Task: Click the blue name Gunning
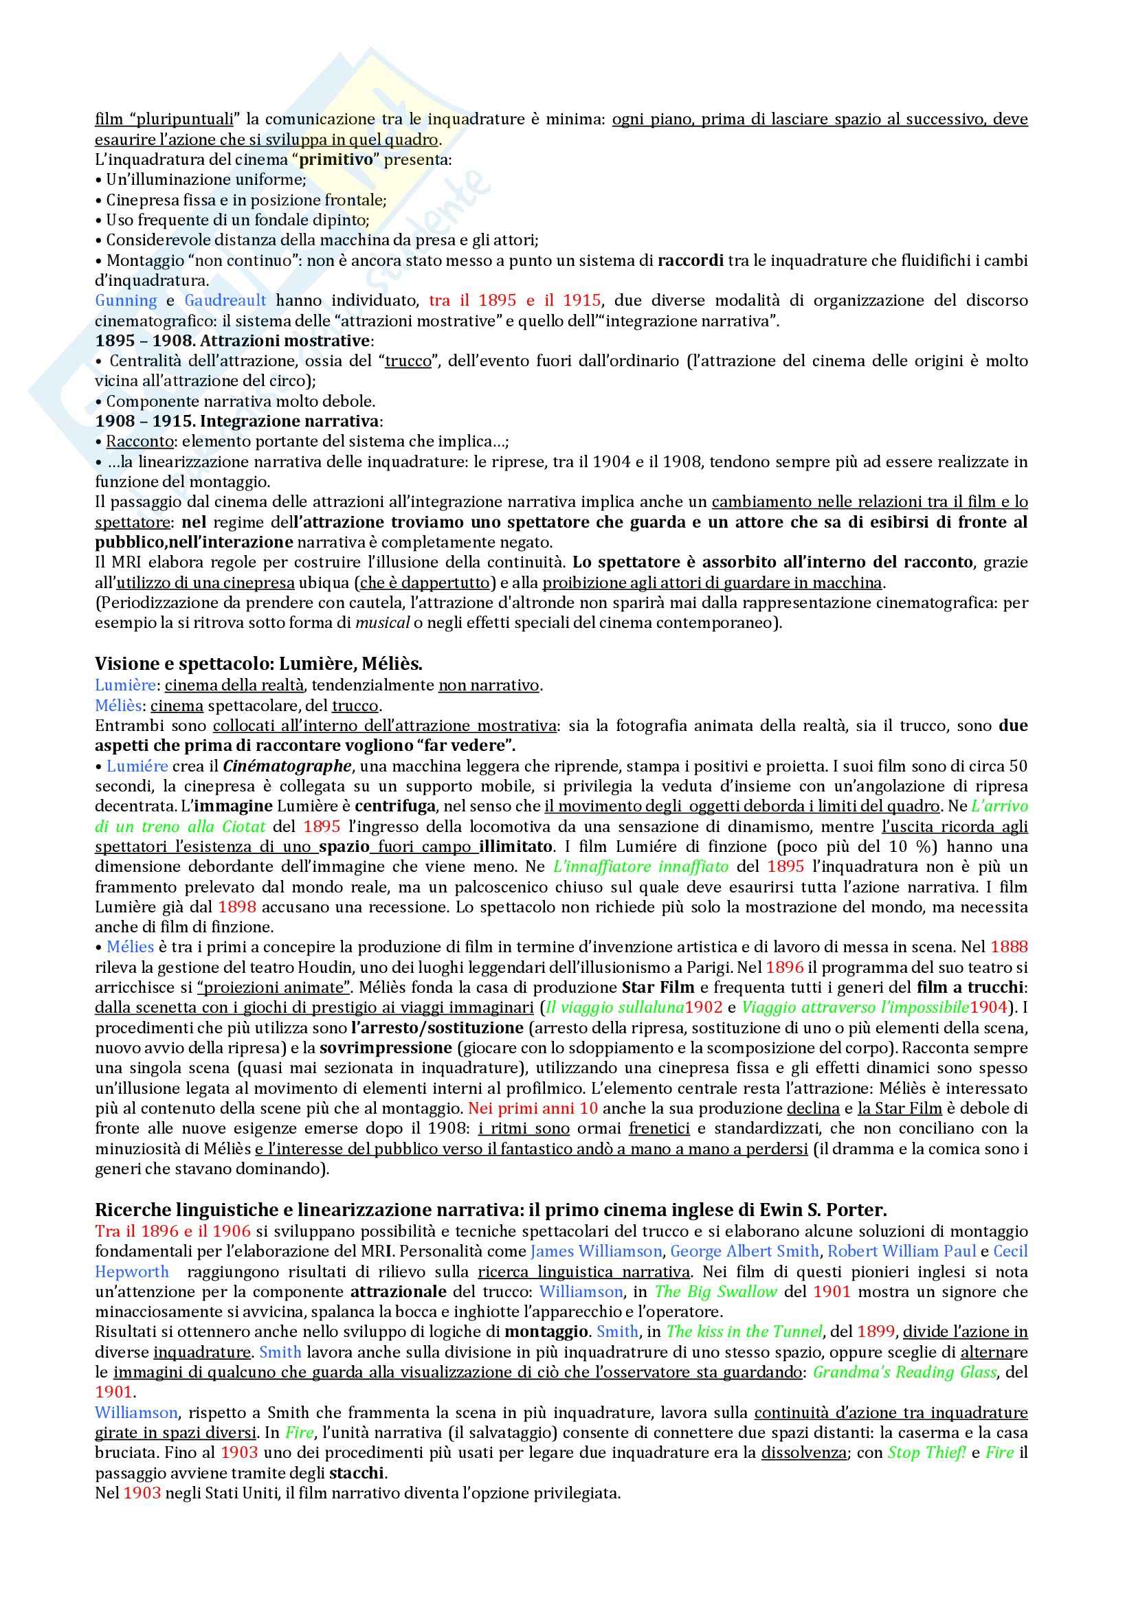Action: (x=126, y=301)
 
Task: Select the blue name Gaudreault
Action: (x=225, y=301)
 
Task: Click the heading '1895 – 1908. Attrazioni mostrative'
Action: (x=234, y=341)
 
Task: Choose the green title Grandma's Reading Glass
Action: (x=904, y=1373)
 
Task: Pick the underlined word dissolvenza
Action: (x=803, y=1453)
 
